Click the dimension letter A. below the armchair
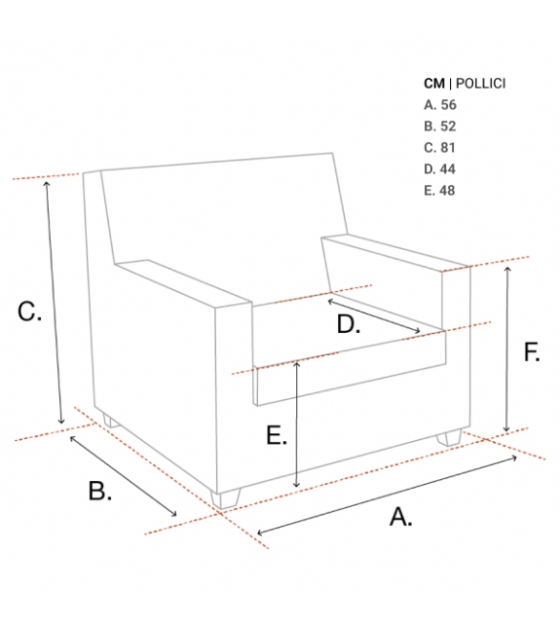[400, 517]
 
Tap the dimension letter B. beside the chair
[99, 491]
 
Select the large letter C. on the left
[29, 312]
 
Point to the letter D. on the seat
[349, 323]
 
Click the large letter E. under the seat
[277, 435]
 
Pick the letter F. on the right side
[532, 352]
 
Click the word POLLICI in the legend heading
[480, 84]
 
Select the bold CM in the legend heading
[434, 84]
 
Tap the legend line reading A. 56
[440, 105]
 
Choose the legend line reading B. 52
[440, 127]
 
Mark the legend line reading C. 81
[439, 148]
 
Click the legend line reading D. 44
[439, 169]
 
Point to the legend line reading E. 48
[439, 191]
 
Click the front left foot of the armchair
[226, 498]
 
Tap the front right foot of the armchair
[449, 437]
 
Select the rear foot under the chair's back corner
[110, 421]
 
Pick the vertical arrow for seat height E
[296, 424]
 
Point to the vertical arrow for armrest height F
[506, 349]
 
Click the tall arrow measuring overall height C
[54, 303]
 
